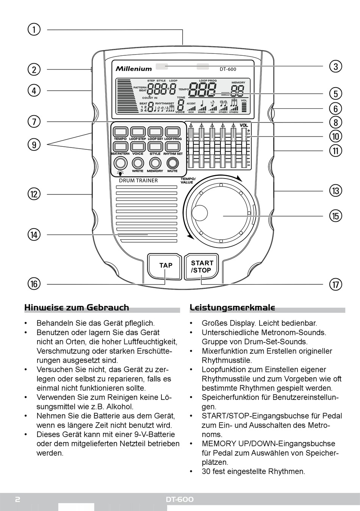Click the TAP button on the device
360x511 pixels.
166,265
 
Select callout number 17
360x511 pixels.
335,284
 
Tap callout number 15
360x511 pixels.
335,216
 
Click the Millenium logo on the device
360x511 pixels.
134,69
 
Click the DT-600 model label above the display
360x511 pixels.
228,69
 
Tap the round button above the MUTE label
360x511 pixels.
172,163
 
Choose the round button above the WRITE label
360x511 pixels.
138,163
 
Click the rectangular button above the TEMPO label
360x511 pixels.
120,132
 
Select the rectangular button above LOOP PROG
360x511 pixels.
172,132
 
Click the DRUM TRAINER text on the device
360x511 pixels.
138,180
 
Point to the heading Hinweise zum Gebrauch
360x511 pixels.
77,307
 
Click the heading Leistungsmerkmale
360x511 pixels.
232,307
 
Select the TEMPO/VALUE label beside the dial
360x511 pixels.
188,180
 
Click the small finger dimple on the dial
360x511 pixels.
199,213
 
